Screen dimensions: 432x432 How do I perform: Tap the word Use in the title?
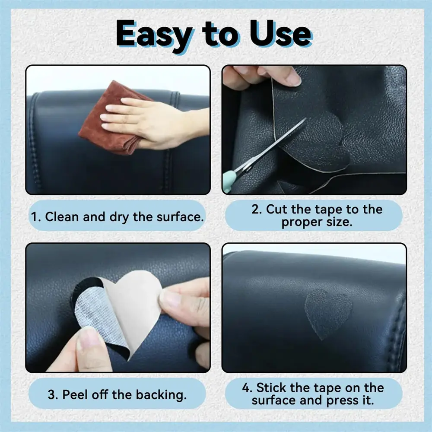[281, 33]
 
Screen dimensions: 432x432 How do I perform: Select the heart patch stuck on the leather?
[328, 313]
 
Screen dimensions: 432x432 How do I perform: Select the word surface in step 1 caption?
[180, 217]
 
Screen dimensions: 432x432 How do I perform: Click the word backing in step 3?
[161, 395]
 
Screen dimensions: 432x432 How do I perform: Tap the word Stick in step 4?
[271, 388]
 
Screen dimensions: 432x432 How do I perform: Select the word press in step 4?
[340, 401]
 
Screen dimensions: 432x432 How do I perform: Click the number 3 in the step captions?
[51, 394]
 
